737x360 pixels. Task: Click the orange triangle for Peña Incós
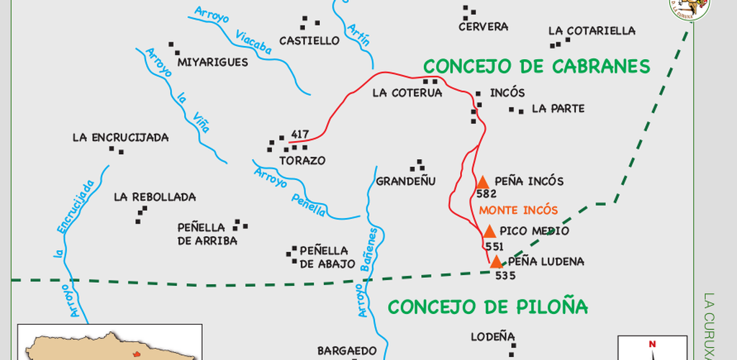pyautogui.click(x=482, y=183)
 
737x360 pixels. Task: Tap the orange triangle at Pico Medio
pyautogui.click(x=489, y=232)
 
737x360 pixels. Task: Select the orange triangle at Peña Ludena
pyautogui.click(x=497, y=262)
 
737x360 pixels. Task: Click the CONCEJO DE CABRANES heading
pyautogui.click(x=536, y=67)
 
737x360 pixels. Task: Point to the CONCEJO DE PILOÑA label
pyautogui.click(x=488, y=307)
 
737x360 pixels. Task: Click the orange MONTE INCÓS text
pyautogui.click(x=518, y=210)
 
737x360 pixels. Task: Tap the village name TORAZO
pyautogui.click(x=302, y=161)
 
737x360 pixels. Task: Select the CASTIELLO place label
pyautogui.click(x=309, y=41)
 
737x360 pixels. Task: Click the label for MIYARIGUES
pyautogui.click(x=212, y=62)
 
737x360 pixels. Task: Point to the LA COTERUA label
pyautogui.click(x=407, y=93)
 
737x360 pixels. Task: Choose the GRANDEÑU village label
pyautogui.click(x=407, y=181)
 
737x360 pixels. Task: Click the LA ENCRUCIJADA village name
pyautogui.click(x=120, y=138)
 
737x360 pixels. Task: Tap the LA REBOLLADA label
pyautogui.click(x=155, y=197)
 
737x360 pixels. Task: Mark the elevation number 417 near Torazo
pyautogui.click(x=300, y=135)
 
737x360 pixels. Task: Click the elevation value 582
pyautogui.click(x=487, y=194)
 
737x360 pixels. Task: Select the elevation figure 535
pyautogui.click(x=506, y=275)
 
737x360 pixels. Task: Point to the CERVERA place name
pyautogui.click(x=483, y=27)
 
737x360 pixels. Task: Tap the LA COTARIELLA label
pyautogui.click(x=592, y=31)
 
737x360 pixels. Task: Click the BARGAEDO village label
pyautogui.click(x=347, y=351)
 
